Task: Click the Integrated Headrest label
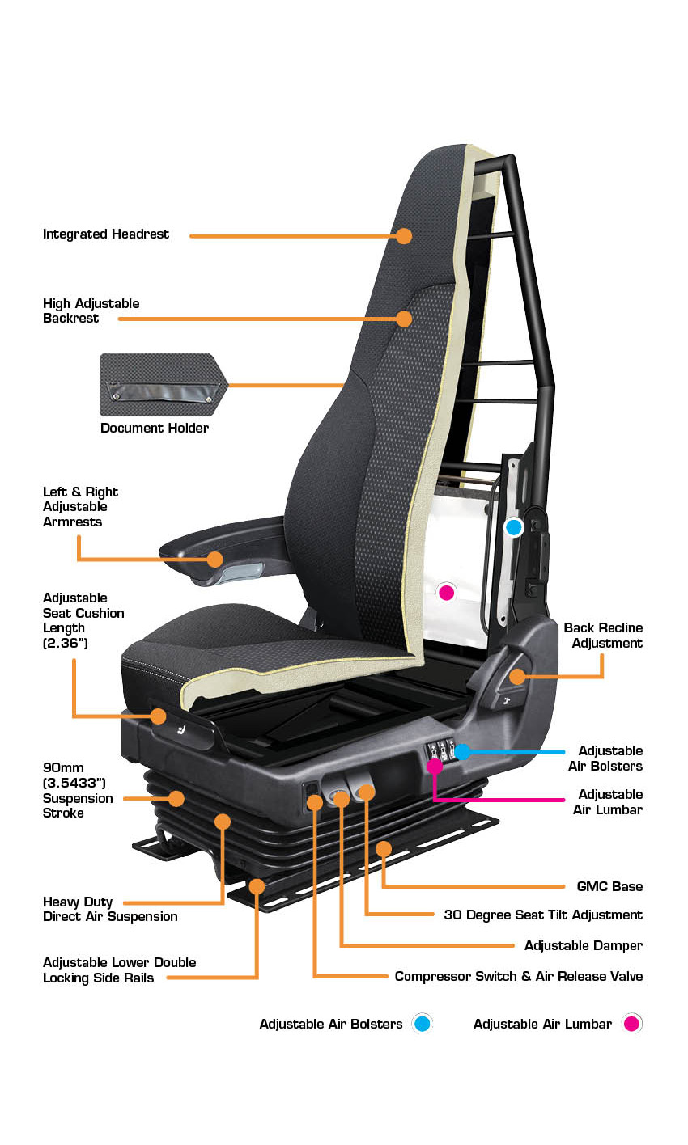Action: (105, 234)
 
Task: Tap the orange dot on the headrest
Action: (404, 235)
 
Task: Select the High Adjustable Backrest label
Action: (91, 311)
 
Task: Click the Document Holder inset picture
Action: (164, 384)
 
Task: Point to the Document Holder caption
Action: (155, 428)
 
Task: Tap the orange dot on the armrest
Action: (214, 559)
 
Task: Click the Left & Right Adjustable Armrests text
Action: (80, 506)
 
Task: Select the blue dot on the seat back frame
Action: (513, 526)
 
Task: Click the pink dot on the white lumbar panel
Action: (446, 592)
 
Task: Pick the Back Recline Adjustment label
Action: (603, 636)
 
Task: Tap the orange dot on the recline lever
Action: (517, 676)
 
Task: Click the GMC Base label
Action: (609, 886)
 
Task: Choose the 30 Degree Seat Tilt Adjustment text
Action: (543, 915)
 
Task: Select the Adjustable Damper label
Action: (584, 945)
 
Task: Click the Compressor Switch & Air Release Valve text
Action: (519, 976)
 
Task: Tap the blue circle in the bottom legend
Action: (422, 1024)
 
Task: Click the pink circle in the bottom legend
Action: (631, 1024)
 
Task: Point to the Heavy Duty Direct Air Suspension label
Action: (110, 909)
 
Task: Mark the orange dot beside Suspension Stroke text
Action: (176, 798)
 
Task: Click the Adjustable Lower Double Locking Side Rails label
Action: (119, 970)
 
